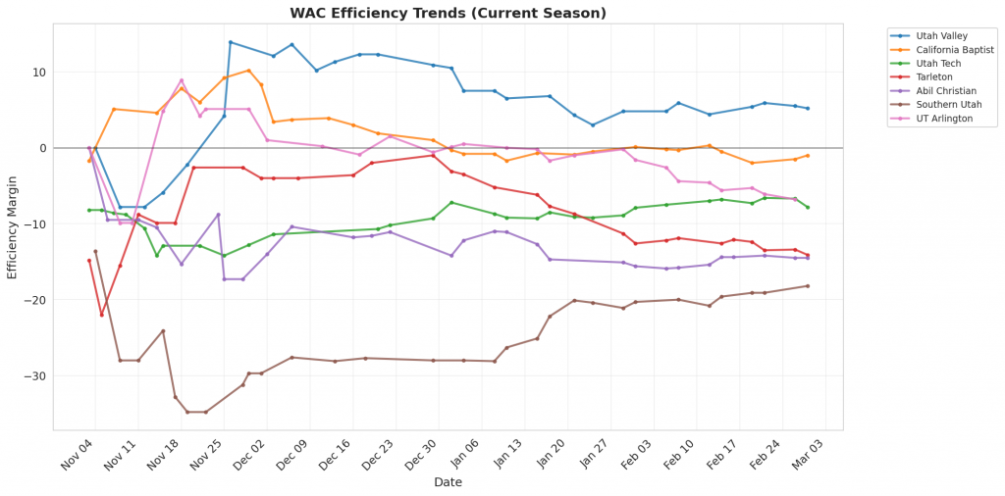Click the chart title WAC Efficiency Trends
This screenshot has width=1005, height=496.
click(x=448, y=13)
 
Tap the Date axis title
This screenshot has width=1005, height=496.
click(x=448, y=482)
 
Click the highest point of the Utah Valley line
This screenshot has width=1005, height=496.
click(x=230, y=42)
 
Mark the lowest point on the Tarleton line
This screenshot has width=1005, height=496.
click(x=101, y=315)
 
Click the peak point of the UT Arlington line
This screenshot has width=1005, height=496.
click(x=182, y=80)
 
